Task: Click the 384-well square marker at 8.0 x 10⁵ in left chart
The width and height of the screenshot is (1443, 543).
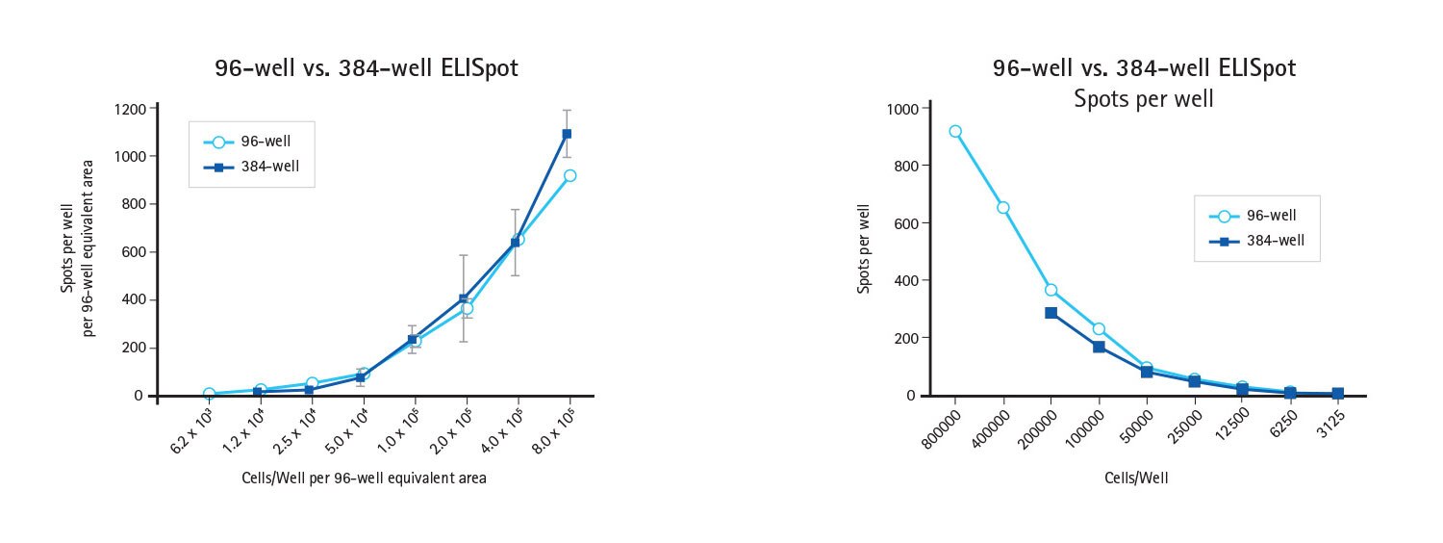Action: click(x=567, y=134)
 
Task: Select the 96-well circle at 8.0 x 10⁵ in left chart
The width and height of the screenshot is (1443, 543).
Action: click(x=570, y=175)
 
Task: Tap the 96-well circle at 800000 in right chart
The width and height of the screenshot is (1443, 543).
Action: click(x=955, y=131)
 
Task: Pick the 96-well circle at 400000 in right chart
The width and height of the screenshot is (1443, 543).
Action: click(x=1003, y=207)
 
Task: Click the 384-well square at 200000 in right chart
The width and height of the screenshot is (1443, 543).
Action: click(x=1051, y=313)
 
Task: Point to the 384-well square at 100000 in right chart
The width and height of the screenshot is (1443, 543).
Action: click(x=1099, y=347)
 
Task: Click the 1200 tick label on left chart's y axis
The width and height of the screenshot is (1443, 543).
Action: click(x=128, y=109)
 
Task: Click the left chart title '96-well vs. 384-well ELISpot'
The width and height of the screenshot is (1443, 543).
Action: click(x=367, y=68)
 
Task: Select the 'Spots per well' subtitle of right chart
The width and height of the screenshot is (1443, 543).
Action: click(x=1144, y=98)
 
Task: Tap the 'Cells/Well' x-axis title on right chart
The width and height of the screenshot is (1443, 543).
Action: click(x=1137, y=478)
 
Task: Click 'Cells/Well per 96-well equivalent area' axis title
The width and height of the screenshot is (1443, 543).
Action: click(x=364, y=478)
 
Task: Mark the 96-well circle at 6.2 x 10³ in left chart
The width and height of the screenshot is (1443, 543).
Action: click(x=209, y=394)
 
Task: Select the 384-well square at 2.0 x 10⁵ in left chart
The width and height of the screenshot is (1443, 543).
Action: click(x=465, y=298)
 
